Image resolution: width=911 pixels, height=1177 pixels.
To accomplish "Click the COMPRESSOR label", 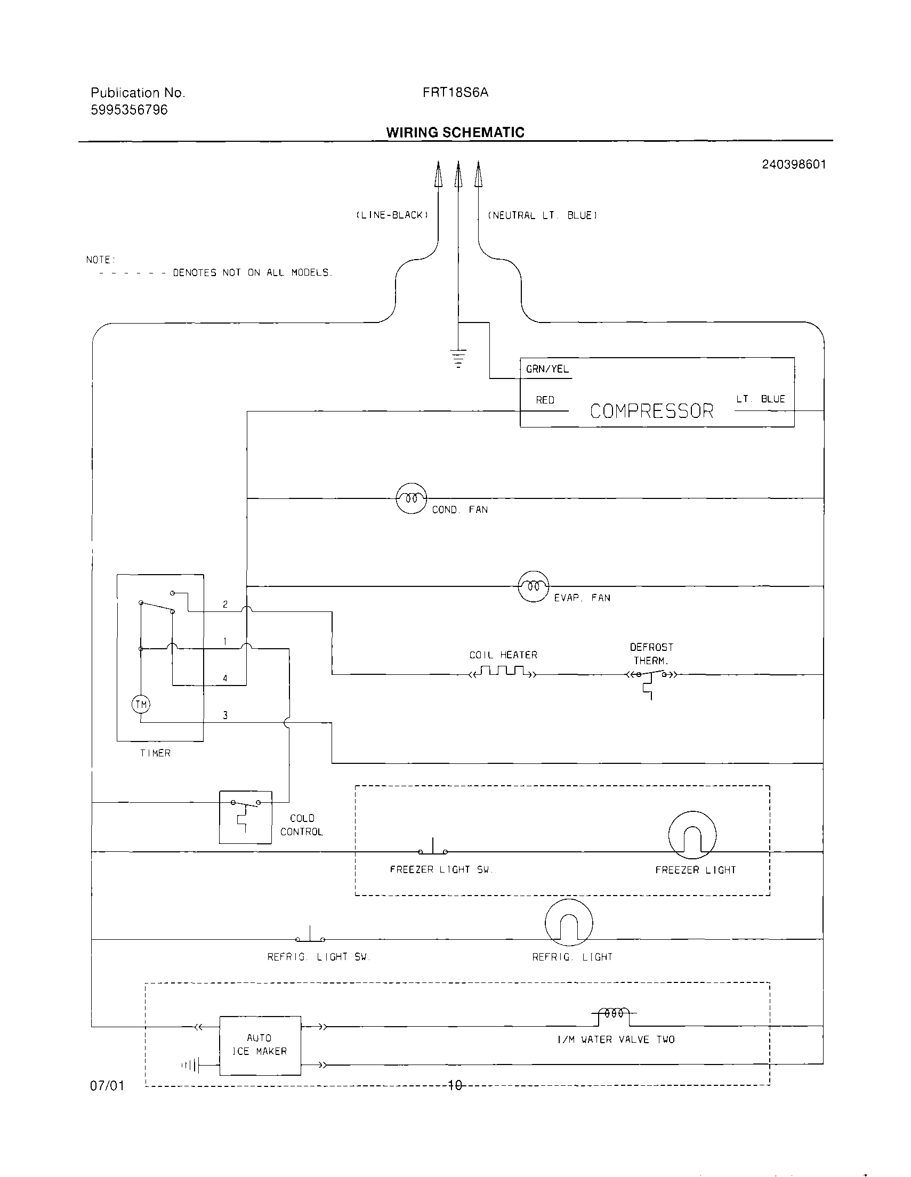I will tap(651, 411).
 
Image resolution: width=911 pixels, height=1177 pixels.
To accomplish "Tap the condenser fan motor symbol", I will tap(412, 498).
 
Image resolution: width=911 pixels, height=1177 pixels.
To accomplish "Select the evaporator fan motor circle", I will tap(533, 586).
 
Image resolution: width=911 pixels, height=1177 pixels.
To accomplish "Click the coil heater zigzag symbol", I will tap(503, 672).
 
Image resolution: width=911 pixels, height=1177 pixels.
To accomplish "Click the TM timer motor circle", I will tap(141, 704).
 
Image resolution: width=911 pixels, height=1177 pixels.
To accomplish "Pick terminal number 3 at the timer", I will tap(225, 715).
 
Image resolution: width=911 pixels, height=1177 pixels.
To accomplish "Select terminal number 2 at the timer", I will tap(225, 604).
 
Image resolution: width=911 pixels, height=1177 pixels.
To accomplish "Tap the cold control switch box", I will tap(245, 817).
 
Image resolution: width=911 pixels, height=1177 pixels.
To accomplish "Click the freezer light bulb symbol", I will tap(692, 835).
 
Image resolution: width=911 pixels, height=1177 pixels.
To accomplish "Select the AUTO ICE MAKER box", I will tap(260, 1045).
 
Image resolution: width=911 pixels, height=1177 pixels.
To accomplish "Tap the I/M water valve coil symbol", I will tap(614, 1014).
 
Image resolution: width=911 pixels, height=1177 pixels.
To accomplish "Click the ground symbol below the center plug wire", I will tap(458, 358).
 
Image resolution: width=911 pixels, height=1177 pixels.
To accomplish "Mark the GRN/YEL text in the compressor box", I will tap(547, 369).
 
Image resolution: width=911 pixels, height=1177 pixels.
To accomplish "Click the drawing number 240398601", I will tap(794, 164).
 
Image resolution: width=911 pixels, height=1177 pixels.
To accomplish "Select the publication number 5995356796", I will tap(129, 110).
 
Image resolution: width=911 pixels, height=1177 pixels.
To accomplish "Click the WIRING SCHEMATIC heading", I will tap(455, 133).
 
